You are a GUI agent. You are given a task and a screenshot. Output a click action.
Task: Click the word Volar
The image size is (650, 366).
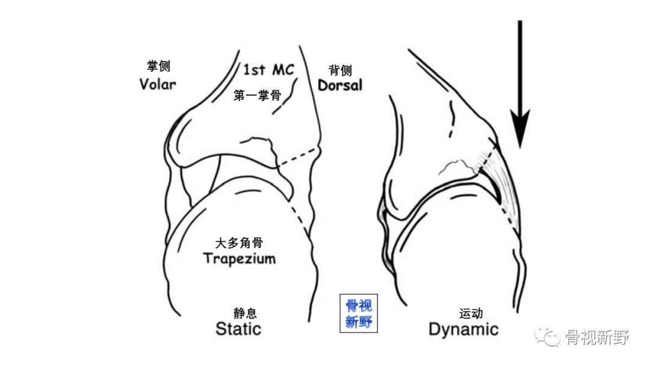[158, 84]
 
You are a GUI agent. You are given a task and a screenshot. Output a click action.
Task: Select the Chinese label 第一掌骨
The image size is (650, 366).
[257, 95]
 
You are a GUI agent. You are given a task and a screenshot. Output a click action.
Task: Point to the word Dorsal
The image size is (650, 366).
[340, 85]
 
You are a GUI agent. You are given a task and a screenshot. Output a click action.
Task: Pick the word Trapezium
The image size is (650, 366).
[239, 259]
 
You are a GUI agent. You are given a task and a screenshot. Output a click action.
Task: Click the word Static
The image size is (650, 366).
[238, 329]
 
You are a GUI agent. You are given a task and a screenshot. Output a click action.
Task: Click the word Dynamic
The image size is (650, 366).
[463, 329]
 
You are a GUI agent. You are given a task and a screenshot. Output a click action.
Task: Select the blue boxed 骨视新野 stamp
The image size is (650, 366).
[359, 314]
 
